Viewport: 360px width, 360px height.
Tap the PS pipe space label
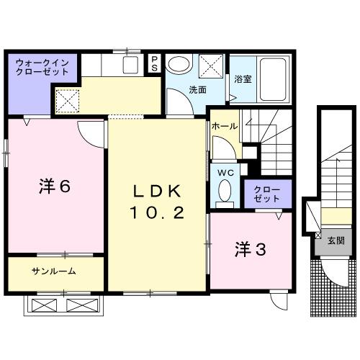point(154,63)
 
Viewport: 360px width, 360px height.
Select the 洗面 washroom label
point(198,90)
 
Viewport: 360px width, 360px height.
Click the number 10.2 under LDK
point(158,213)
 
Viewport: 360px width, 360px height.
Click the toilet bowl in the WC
point(224,191)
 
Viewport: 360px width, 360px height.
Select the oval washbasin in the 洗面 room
point(179,64)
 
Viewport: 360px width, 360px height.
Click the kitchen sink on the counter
point(130,65)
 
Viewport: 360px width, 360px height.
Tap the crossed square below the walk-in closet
point(66,99)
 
